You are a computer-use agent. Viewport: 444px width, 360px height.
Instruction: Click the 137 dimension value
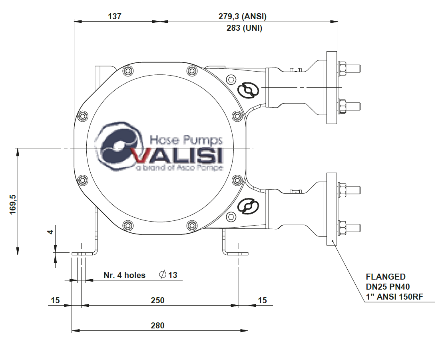114,16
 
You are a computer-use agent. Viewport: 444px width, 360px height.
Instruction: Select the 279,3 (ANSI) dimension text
242,16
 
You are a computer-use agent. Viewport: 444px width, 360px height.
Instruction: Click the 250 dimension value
158,300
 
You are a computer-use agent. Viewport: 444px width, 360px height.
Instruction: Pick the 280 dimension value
157,326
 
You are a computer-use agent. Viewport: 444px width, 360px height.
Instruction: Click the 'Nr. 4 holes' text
125,275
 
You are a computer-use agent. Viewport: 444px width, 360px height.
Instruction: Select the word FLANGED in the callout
386,277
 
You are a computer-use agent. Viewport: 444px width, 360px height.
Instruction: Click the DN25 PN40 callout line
388,286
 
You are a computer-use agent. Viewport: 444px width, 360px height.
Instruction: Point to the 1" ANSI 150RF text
395,296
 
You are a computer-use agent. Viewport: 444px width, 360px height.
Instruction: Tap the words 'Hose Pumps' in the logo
186,140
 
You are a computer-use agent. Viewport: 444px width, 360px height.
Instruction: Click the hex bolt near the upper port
232,79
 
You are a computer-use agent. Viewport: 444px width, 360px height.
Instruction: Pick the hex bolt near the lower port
232,217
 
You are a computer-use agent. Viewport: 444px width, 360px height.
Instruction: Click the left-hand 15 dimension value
55,300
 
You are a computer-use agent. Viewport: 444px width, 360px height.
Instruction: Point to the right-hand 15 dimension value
262,300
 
